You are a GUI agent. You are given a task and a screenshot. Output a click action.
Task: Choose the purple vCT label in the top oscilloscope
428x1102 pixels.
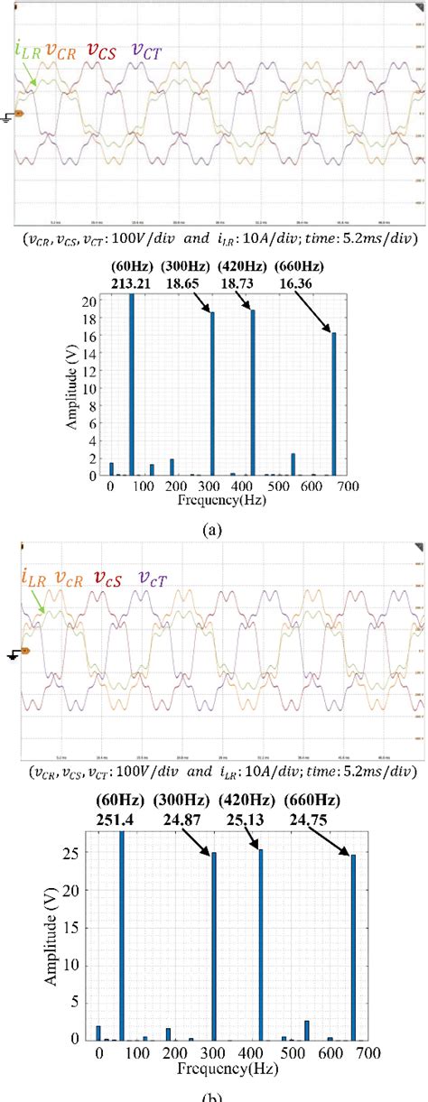145,51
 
